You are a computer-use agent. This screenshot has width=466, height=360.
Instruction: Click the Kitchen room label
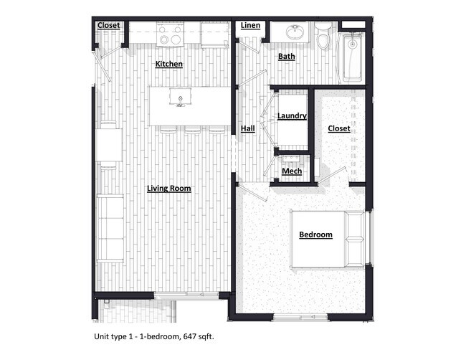tap(169, 64)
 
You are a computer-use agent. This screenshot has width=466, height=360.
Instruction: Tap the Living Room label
tap(168, 189)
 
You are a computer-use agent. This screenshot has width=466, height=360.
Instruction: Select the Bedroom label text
tap(315, 235)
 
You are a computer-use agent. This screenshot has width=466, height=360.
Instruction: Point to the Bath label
tap(287, 56)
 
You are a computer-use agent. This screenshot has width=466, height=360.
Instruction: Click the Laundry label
tap(292, 115)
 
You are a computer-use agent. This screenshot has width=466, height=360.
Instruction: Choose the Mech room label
tap(291, 171)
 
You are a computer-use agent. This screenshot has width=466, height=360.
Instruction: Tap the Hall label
tap(248, 128)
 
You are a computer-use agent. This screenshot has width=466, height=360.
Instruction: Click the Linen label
tap(250, 26)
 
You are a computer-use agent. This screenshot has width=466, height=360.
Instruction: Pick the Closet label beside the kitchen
tap(109, 26)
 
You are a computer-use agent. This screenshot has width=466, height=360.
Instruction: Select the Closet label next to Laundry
tap(339, 128)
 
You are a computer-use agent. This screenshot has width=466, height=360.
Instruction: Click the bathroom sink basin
tap(294, 32)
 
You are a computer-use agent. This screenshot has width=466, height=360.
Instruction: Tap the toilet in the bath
tap(323, 36)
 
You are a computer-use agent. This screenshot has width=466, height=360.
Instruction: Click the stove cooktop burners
tap(170, 37)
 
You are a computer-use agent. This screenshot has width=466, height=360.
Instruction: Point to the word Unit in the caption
tap(103, 336)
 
